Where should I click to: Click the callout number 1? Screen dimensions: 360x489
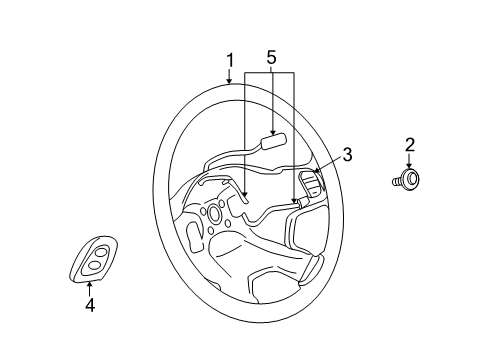tap(230, 62)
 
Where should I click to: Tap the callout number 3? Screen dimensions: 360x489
tap(347, 154)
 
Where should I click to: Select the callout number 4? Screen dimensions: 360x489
tap(89, 306)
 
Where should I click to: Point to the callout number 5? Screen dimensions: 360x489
tap(269, 58)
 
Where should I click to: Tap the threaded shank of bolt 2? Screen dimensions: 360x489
tap(396, 181)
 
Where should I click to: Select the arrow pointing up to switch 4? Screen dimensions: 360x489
tap(89, 288)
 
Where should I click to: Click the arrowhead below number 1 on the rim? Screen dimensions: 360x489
tap(230, 84)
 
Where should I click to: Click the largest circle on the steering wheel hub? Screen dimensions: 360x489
tap(215, 213)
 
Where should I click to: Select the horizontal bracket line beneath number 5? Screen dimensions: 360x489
tap(269, 73)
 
